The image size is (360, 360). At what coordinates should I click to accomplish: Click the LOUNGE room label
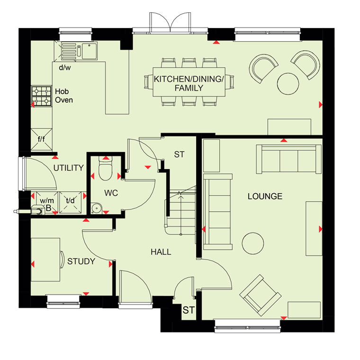[x=265, y=196]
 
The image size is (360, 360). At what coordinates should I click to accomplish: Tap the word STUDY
[x=81, y=261]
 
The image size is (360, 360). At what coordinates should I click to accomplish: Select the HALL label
[x=161, y=252]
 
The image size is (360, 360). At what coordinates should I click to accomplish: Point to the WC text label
[x=111, y=193]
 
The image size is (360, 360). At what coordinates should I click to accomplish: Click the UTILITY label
[x=68, y=168]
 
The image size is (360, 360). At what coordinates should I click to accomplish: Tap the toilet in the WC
[x=105, y=168]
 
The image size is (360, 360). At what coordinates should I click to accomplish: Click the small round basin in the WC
[x=96, y=208]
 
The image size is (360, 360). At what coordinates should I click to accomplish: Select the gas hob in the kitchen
[x=41, y=96]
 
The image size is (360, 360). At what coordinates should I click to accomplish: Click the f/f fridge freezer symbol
[x=41, y=139]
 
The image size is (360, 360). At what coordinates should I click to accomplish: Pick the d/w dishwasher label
[x=65, y=67]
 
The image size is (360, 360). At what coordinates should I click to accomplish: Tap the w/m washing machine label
[x=47, y=200]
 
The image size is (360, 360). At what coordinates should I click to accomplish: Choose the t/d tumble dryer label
[x=70, y=200]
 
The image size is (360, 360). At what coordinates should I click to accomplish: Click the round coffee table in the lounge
[x=253, y=243]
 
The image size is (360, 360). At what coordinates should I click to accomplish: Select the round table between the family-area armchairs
[x=288, y=83]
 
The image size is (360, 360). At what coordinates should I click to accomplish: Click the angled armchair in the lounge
[x=261, y=295]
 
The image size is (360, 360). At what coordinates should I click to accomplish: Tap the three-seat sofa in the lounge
[x=289, y=159]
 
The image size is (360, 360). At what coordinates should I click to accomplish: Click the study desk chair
[x=62, y=260]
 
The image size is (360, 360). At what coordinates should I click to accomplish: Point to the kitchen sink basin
[x=90, y=51]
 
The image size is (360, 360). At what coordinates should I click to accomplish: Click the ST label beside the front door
[x=189, y=310]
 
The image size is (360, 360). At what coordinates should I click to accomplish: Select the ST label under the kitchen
[x=179, y=154]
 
